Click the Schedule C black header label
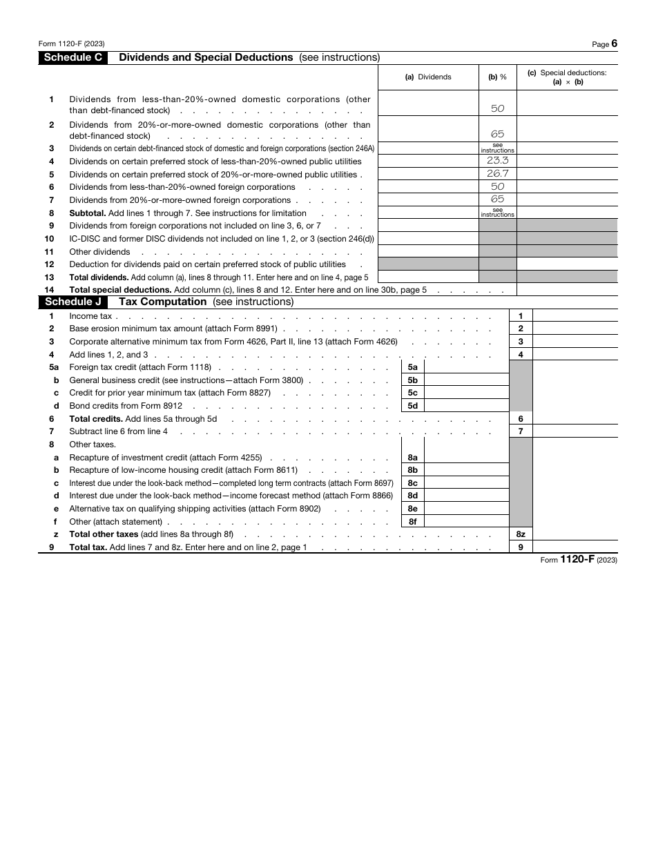pos(73,58)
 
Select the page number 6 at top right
pos(614,43)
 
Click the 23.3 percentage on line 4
pos(497,161)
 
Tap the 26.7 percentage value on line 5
pos(497,174)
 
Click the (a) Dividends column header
pos(428,77)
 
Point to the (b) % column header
pos(497,77)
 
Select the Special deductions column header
pos(567,77)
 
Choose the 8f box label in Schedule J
pos(412,522)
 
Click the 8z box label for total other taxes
pos(521,534)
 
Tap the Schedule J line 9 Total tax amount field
pos(575,547)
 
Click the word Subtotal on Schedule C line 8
pos(88,213)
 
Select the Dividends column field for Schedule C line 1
pos(428,104)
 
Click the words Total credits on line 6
pos(96,419)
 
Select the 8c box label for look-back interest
pos(412,483)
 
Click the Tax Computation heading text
pos(163,302)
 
